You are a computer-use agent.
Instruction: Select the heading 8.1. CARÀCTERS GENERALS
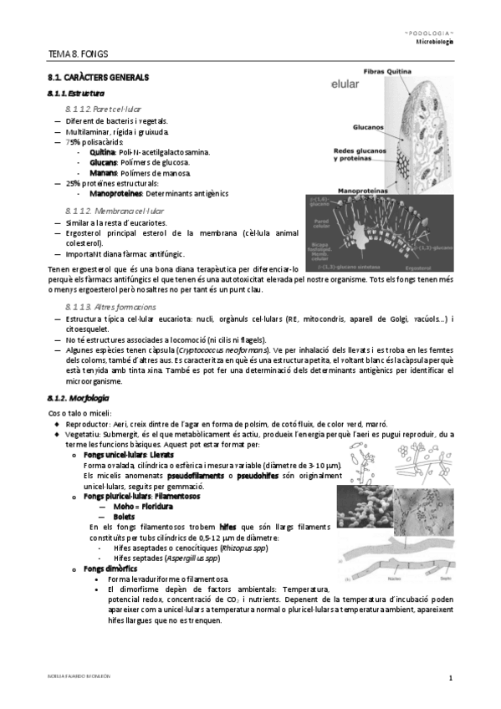point(98,78)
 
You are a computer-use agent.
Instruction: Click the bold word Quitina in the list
point(102,152)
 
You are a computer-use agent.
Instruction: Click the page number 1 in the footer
point(450,677)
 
